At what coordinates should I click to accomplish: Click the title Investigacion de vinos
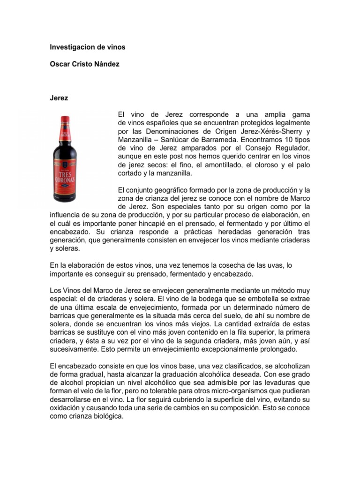point(88,47)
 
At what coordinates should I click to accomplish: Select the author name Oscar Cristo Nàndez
point(84,64)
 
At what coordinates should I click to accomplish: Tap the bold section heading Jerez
point(59,98)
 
